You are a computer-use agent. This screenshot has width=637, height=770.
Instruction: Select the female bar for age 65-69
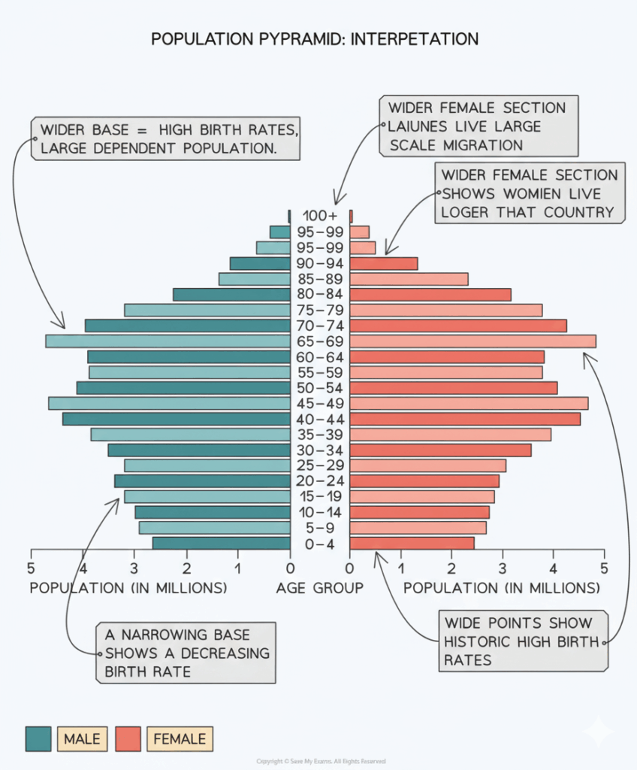click(472, 341)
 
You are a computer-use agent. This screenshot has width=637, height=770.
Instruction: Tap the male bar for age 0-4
click(221, 544)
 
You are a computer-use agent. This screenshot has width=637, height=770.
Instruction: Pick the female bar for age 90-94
click(383, 264)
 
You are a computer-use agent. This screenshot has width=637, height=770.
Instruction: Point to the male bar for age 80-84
click(231, 295)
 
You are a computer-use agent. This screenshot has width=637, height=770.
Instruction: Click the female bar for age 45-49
click(469, 404)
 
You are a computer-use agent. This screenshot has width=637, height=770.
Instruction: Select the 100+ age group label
click(320, 217)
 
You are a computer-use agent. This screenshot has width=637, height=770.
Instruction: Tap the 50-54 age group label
click(320, 388)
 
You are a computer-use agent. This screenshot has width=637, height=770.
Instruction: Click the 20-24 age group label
click(320, 481)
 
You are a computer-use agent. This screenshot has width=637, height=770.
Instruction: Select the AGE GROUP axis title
click(319, 588)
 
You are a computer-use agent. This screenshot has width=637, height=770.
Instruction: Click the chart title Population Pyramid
click(315, 39)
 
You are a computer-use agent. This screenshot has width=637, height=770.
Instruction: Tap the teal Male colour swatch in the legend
click(38, 739)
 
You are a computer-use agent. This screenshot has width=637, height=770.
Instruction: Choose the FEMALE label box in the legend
click(180, 739)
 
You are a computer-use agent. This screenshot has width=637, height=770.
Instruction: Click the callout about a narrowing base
click(185, 652)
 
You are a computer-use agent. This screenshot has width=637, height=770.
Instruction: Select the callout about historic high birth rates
click(523, 641)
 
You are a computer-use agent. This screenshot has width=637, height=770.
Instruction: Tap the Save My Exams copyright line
click(318, 762)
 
